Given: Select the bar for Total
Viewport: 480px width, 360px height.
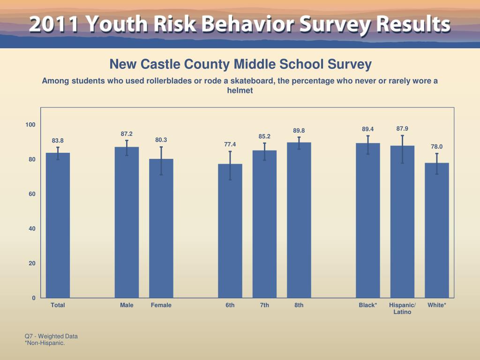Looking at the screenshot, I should click(58, 225).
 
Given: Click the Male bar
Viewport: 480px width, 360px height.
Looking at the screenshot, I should click(127, 222).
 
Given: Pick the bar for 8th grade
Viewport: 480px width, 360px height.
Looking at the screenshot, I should click(299, 220).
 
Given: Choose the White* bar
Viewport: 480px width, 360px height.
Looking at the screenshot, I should click(437, 230).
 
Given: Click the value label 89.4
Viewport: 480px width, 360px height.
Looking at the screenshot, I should click(368, 129).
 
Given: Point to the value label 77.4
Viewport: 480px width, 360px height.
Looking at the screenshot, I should click(230, 144).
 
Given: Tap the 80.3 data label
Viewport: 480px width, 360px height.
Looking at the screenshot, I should click(161, 140).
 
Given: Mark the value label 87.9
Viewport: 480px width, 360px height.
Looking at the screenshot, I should click(402, 128).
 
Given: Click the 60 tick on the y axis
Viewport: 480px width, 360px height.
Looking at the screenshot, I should click(32, 194).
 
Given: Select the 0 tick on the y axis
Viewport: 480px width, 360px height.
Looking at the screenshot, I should click(34, 298).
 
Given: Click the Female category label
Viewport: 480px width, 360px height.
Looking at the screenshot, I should click(161, 305).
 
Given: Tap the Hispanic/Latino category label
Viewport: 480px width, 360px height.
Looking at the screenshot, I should click(402, 308).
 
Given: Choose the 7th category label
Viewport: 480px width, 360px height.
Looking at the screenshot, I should click(265, 305).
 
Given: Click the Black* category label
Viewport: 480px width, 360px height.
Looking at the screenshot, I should click(368, 305).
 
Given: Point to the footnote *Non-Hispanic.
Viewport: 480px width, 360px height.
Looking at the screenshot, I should click(45, 343).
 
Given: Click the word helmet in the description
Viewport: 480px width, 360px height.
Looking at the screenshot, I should click(240, 90).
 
